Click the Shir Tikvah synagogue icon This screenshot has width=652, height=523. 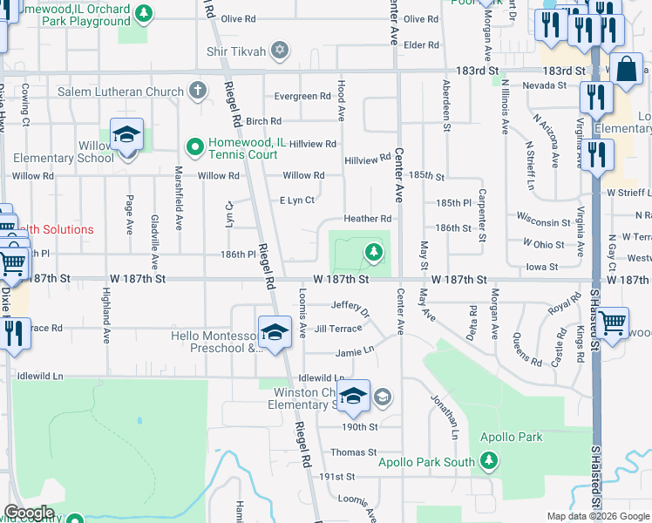pos(279,49)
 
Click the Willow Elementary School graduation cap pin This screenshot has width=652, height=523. pos(126,136)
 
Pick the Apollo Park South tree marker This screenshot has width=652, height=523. pos(488,459)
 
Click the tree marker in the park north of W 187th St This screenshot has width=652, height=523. pos(373,253)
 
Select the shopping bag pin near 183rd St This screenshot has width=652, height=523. pos(626,70)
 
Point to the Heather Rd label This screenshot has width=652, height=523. pos(367,219)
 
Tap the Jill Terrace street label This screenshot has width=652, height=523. pos(337,329)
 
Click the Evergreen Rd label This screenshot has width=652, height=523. pos(304,97)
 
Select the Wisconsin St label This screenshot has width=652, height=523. pos(542,212)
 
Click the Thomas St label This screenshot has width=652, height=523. pos(353,452)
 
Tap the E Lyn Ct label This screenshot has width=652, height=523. pos(296,200)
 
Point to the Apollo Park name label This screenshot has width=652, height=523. pos(511,437)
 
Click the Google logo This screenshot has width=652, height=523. pos(30,512)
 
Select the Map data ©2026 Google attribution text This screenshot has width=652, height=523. pos(597,516)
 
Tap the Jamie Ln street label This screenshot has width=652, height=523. pos(355,353)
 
